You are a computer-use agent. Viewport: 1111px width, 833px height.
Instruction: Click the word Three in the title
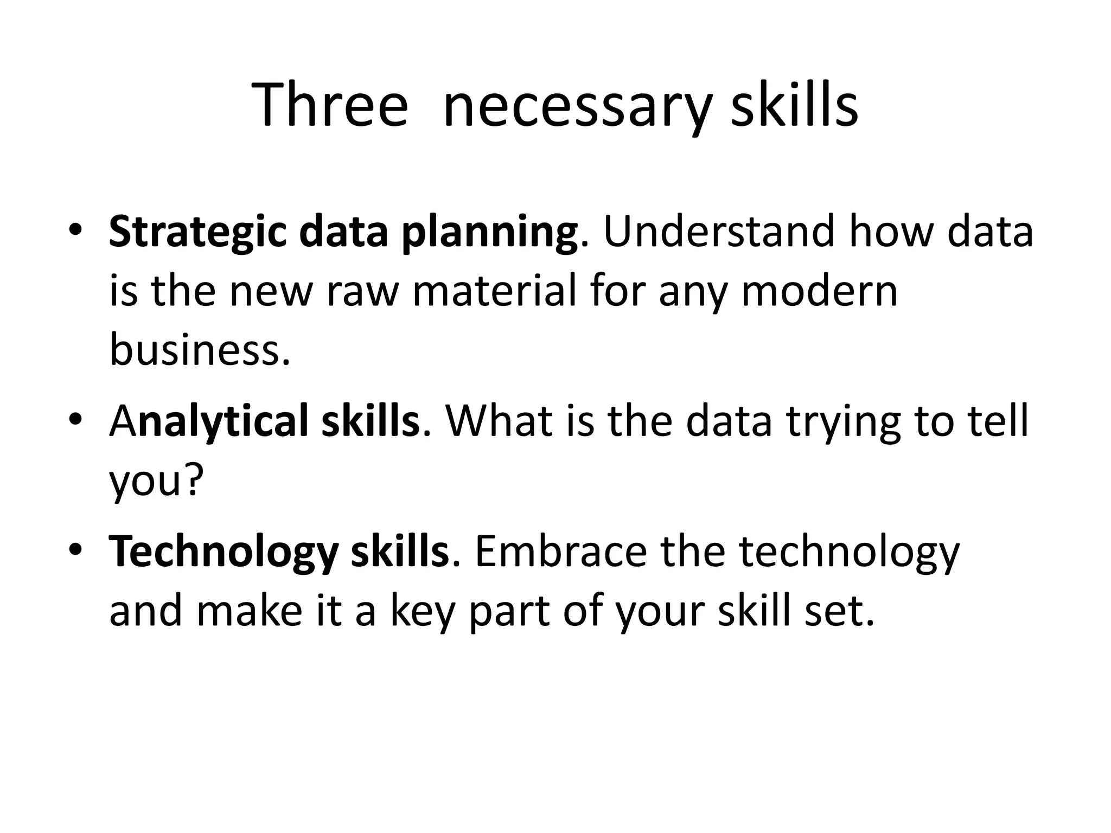point(329,105)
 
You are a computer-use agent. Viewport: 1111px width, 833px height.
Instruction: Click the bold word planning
point(489,232)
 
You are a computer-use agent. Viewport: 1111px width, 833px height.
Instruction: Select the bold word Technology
point(223,552)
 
